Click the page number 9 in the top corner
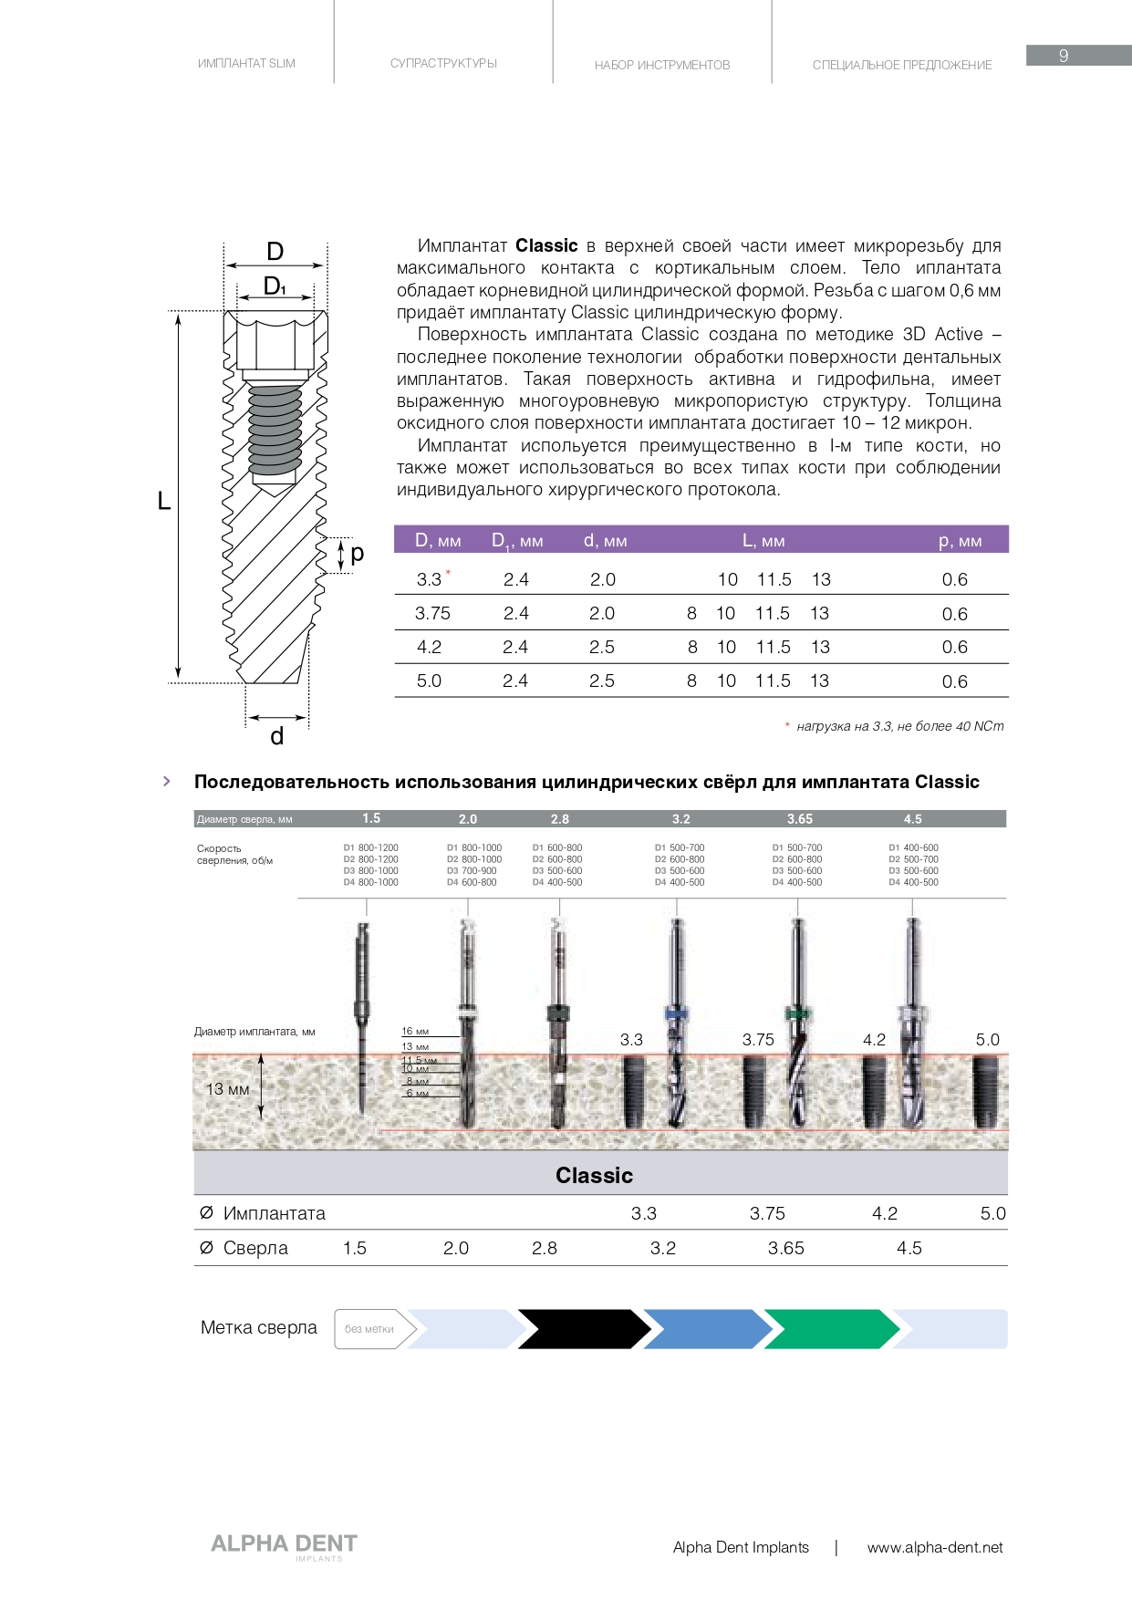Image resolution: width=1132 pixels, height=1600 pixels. pyautogui.click(x=1064, y=56)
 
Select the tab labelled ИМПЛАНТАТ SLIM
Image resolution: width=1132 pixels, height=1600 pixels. pyautogui.click(x=246, y=64)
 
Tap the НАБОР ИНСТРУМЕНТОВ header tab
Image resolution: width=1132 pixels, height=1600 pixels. pyautogui.click(x=662, y=66)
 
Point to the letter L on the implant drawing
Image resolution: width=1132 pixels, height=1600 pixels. pyautogui.click(x=164, y=501)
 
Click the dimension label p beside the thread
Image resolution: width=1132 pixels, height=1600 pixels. pyautogui.click(x=357, y=553)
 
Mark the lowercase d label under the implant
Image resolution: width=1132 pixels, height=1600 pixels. pyautogui.click(x=277, y=736)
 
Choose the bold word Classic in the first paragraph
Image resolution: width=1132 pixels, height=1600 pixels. pyautogui.click(x=546, y=245)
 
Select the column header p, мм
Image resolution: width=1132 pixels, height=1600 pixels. pyautogui.click(x=960, y=541)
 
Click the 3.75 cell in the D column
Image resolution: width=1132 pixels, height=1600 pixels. pyautogui.click(x=432, y=613)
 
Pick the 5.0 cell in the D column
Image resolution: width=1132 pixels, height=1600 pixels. pyautogui.click(x=429, y=681)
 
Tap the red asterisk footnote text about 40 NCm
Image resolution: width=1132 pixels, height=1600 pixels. pyautogui.click(x=898, y=726)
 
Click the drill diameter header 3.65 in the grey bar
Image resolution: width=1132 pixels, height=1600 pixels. pyautogui.click(x=799, y=819)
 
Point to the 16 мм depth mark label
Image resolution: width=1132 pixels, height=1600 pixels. pyautogui.click(x=415, y=1032)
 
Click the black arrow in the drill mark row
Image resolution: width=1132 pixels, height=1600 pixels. pyautogui.click(x=580, y=1329)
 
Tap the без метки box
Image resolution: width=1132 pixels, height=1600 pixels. pyautogui.click(x=369, y=1329)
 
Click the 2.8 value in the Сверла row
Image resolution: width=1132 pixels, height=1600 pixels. pyautogui.click(x=545, y=1248)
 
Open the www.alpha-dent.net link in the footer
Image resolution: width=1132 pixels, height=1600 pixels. pyautogui.click(x=934, y=1547)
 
